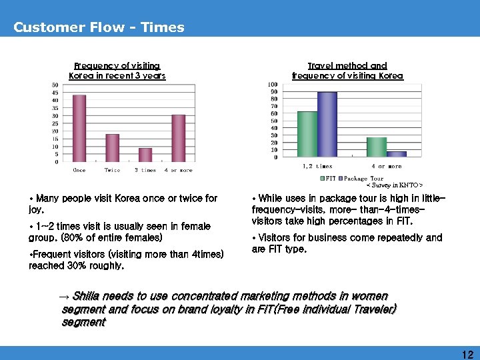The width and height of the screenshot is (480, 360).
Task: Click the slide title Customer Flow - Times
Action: (99, 27)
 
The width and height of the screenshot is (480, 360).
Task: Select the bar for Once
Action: (79, 128)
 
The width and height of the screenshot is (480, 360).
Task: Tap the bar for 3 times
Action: (145, 155)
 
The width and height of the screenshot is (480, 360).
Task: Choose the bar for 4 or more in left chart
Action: (179, 138)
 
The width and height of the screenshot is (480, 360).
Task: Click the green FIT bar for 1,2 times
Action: (307, 134)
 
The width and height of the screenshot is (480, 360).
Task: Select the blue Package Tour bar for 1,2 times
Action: (327, 125)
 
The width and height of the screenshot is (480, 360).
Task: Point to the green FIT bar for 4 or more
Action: (377, 147)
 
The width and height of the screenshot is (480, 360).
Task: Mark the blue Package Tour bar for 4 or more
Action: (397, 154)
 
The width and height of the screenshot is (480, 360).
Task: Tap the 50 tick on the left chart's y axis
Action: (55, 85)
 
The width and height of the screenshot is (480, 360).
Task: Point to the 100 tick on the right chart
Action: (273, 85)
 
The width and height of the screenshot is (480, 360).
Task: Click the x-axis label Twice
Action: (113, 170)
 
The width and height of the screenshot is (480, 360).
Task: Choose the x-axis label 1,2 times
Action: (317, 166)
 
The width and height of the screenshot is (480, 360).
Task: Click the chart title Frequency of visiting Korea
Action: (117, 71)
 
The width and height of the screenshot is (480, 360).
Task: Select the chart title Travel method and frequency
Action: (347, 71)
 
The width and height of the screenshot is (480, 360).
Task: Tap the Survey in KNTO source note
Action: (395, 185)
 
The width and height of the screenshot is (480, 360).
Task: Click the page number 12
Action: (467, 356)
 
